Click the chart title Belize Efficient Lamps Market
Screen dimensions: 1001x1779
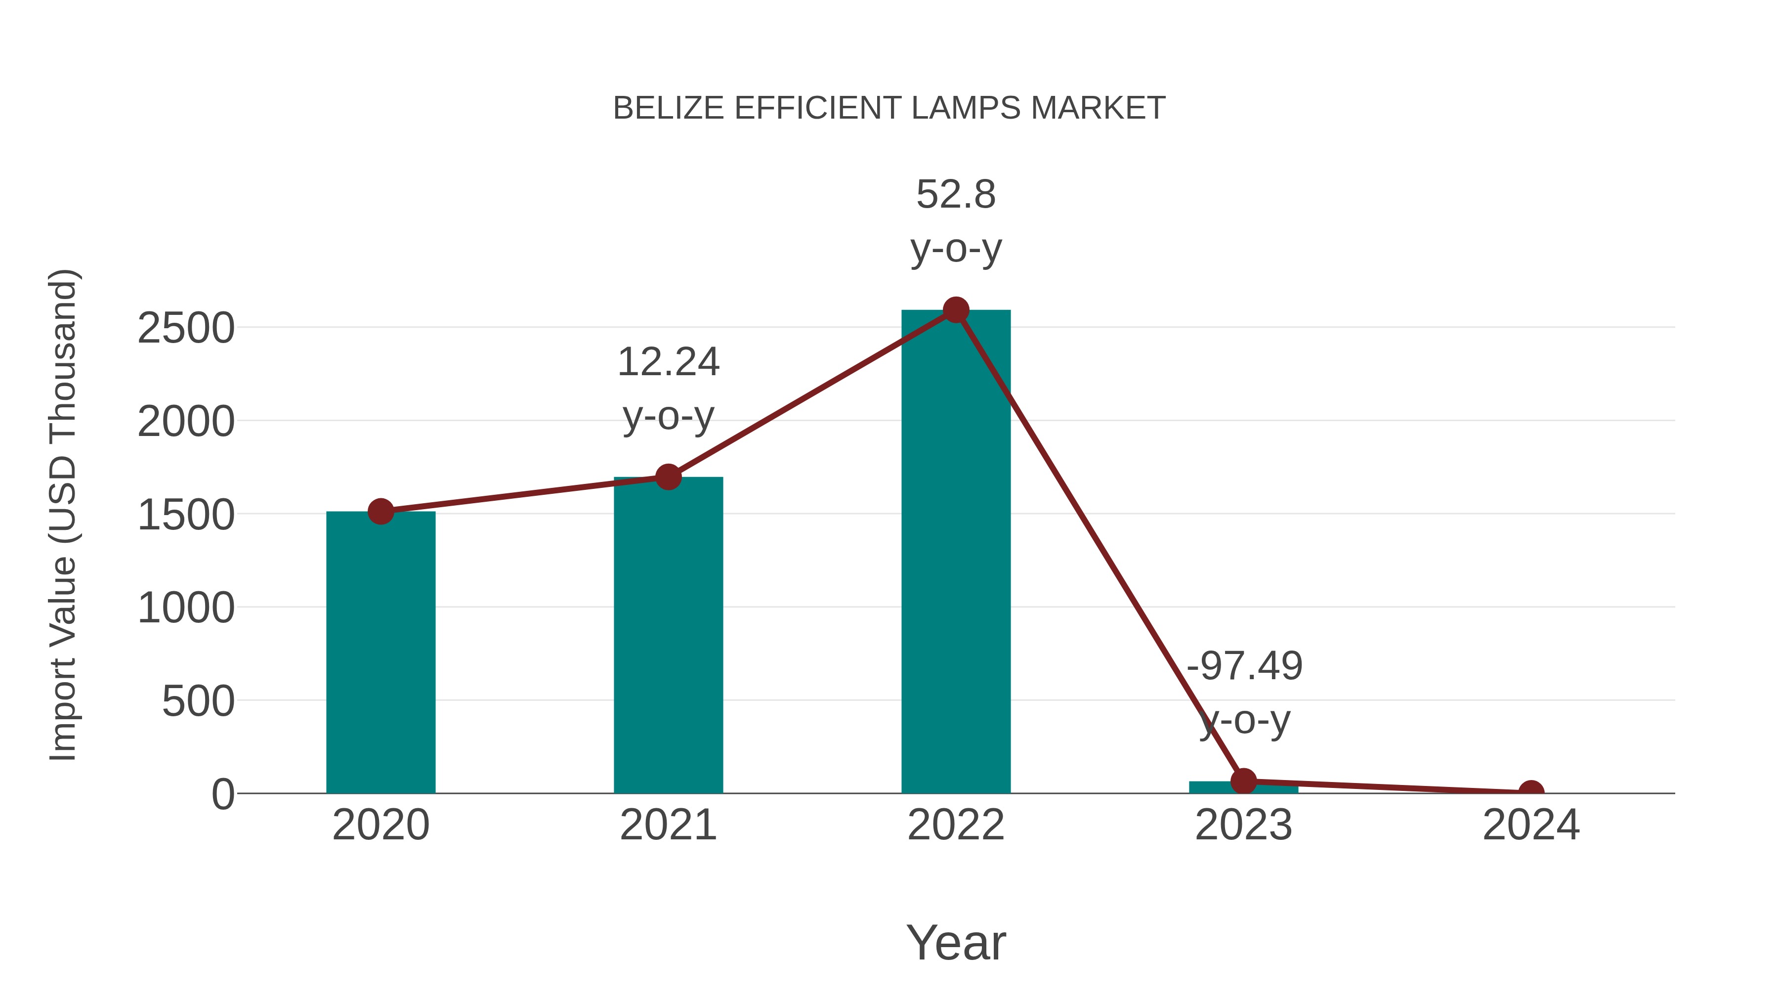coord(889,108)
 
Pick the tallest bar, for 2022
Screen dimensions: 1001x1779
coord(955,553)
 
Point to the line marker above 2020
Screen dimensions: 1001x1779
coord(381,512)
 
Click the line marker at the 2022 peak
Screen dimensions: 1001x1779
coord(955,310)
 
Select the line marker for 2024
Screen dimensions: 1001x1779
coord(1531,792)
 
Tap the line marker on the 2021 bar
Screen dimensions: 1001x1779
coord(668,477)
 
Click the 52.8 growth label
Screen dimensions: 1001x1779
coord(955,195)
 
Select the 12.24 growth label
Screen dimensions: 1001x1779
coord(668,363)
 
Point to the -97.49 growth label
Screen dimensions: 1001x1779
coord(1244,667)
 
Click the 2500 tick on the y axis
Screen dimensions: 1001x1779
coord(186,329)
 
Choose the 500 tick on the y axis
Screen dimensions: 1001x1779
coord(198,702)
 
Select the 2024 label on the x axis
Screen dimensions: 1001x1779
coord(1531,826)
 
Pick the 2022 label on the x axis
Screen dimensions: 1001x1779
coord(955,826)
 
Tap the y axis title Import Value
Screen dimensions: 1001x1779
coord(64,515)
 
